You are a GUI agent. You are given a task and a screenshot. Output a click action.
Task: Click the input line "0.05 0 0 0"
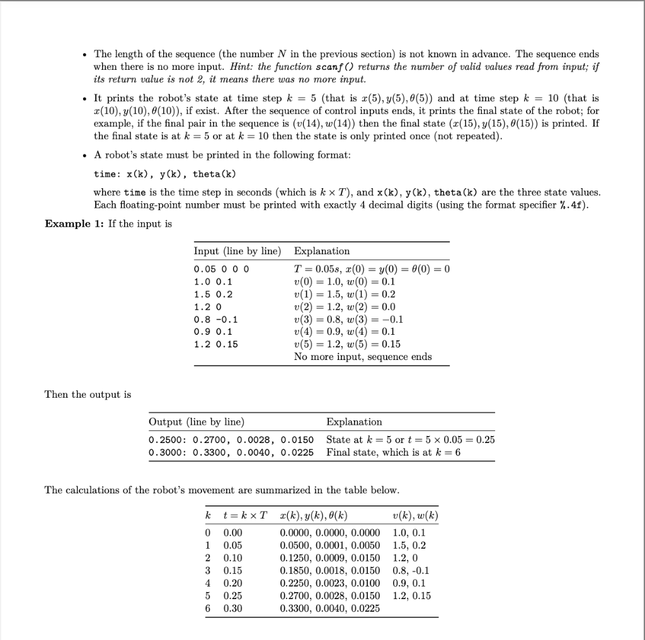pyautogui.click(x=222, y=269)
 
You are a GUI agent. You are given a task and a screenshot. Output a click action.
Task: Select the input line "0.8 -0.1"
pyautogui.click(x=215, y=319)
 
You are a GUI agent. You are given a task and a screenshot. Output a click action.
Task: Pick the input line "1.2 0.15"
pyautogui.click(x=216, y=344)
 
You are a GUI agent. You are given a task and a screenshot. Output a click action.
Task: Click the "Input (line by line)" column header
pyautogui.click(x=237, y=251)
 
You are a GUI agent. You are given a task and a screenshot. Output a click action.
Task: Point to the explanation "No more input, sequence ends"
pyautogui.click(x=363, y=357)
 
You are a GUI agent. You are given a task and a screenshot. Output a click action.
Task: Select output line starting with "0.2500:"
pyautogui.click(x=231, y=440)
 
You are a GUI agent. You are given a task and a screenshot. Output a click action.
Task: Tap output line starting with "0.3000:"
pyautogui.click(x=231, y=452)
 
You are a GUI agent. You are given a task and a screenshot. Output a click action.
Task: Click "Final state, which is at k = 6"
pyautogui.click(x=393, y=452)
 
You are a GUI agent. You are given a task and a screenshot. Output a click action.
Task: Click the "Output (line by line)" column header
pyautogui.click(x=197, y=422)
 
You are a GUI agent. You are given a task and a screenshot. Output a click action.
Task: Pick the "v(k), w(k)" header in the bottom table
pyautogui.click(x=415, y=516)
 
